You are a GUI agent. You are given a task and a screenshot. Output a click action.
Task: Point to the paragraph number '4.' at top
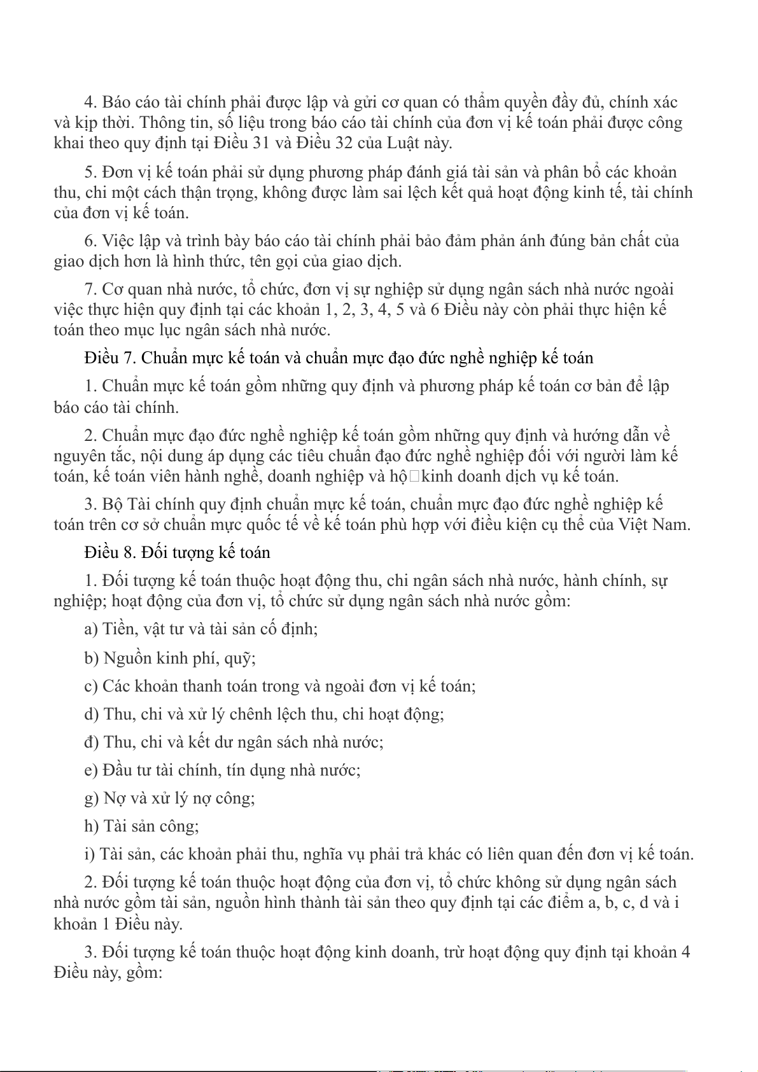click(90, 102)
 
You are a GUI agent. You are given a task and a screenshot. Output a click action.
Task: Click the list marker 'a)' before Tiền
click(91, 629)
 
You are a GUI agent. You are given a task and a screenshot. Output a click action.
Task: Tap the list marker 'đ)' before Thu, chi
click(92, 742)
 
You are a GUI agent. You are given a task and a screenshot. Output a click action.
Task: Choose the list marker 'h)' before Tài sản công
click(91, 826)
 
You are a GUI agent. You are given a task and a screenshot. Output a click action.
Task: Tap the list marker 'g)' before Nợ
click(91, 798)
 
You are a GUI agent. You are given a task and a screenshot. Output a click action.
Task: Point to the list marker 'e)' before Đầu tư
click(90, 770)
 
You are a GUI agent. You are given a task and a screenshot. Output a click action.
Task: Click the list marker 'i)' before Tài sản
click(89, 854)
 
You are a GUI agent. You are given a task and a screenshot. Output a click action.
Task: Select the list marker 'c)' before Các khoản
click(91, 686)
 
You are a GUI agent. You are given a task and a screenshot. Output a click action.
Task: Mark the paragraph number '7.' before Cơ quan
click(90, 289)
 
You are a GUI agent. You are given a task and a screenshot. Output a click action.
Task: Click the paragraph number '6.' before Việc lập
click(90, 241)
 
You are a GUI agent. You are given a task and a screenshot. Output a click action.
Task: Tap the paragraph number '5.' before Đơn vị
click(90, 172)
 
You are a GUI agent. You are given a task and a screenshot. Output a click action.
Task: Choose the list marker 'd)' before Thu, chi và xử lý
click(92, 714)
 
